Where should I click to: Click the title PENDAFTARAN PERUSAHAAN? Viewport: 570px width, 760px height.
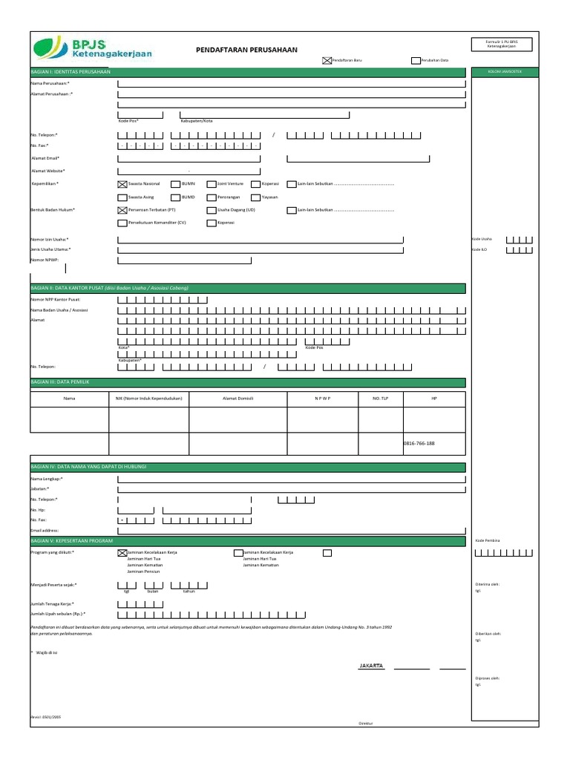point(246,50)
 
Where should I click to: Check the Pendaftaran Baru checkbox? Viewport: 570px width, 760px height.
point(326,61)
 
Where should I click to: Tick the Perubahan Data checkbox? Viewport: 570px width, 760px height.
point(415,61)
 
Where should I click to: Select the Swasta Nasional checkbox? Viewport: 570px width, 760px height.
point(122,183)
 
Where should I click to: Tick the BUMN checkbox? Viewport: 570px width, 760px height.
point(175,183)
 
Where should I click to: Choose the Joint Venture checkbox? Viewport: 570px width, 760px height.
point(212,183)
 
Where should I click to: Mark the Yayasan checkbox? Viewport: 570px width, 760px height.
point(256,197)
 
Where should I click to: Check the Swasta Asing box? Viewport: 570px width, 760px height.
point(122,197)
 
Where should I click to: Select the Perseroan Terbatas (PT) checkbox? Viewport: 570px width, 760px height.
point(122,210)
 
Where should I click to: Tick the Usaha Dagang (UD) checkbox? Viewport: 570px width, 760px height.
point(212,210)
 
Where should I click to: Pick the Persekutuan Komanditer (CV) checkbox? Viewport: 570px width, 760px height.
point(122,223)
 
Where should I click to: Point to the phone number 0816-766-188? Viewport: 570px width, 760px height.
point(419,443)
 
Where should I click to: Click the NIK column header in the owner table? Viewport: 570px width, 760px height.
point(148,399)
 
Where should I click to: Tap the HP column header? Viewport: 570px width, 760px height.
point(434,399)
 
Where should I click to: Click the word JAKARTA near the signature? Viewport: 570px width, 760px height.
point(371,666)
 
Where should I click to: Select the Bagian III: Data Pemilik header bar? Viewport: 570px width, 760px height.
point(247,382)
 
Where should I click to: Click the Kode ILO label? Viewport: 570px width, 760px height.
point(479,249)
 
